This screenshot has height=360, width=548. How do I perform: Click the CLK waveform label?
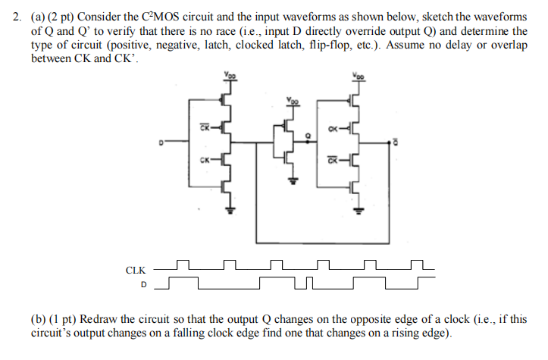click(x=135, y=269)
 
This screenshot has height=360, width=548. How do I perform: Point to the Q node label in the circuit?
click(x=305, y=136)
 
